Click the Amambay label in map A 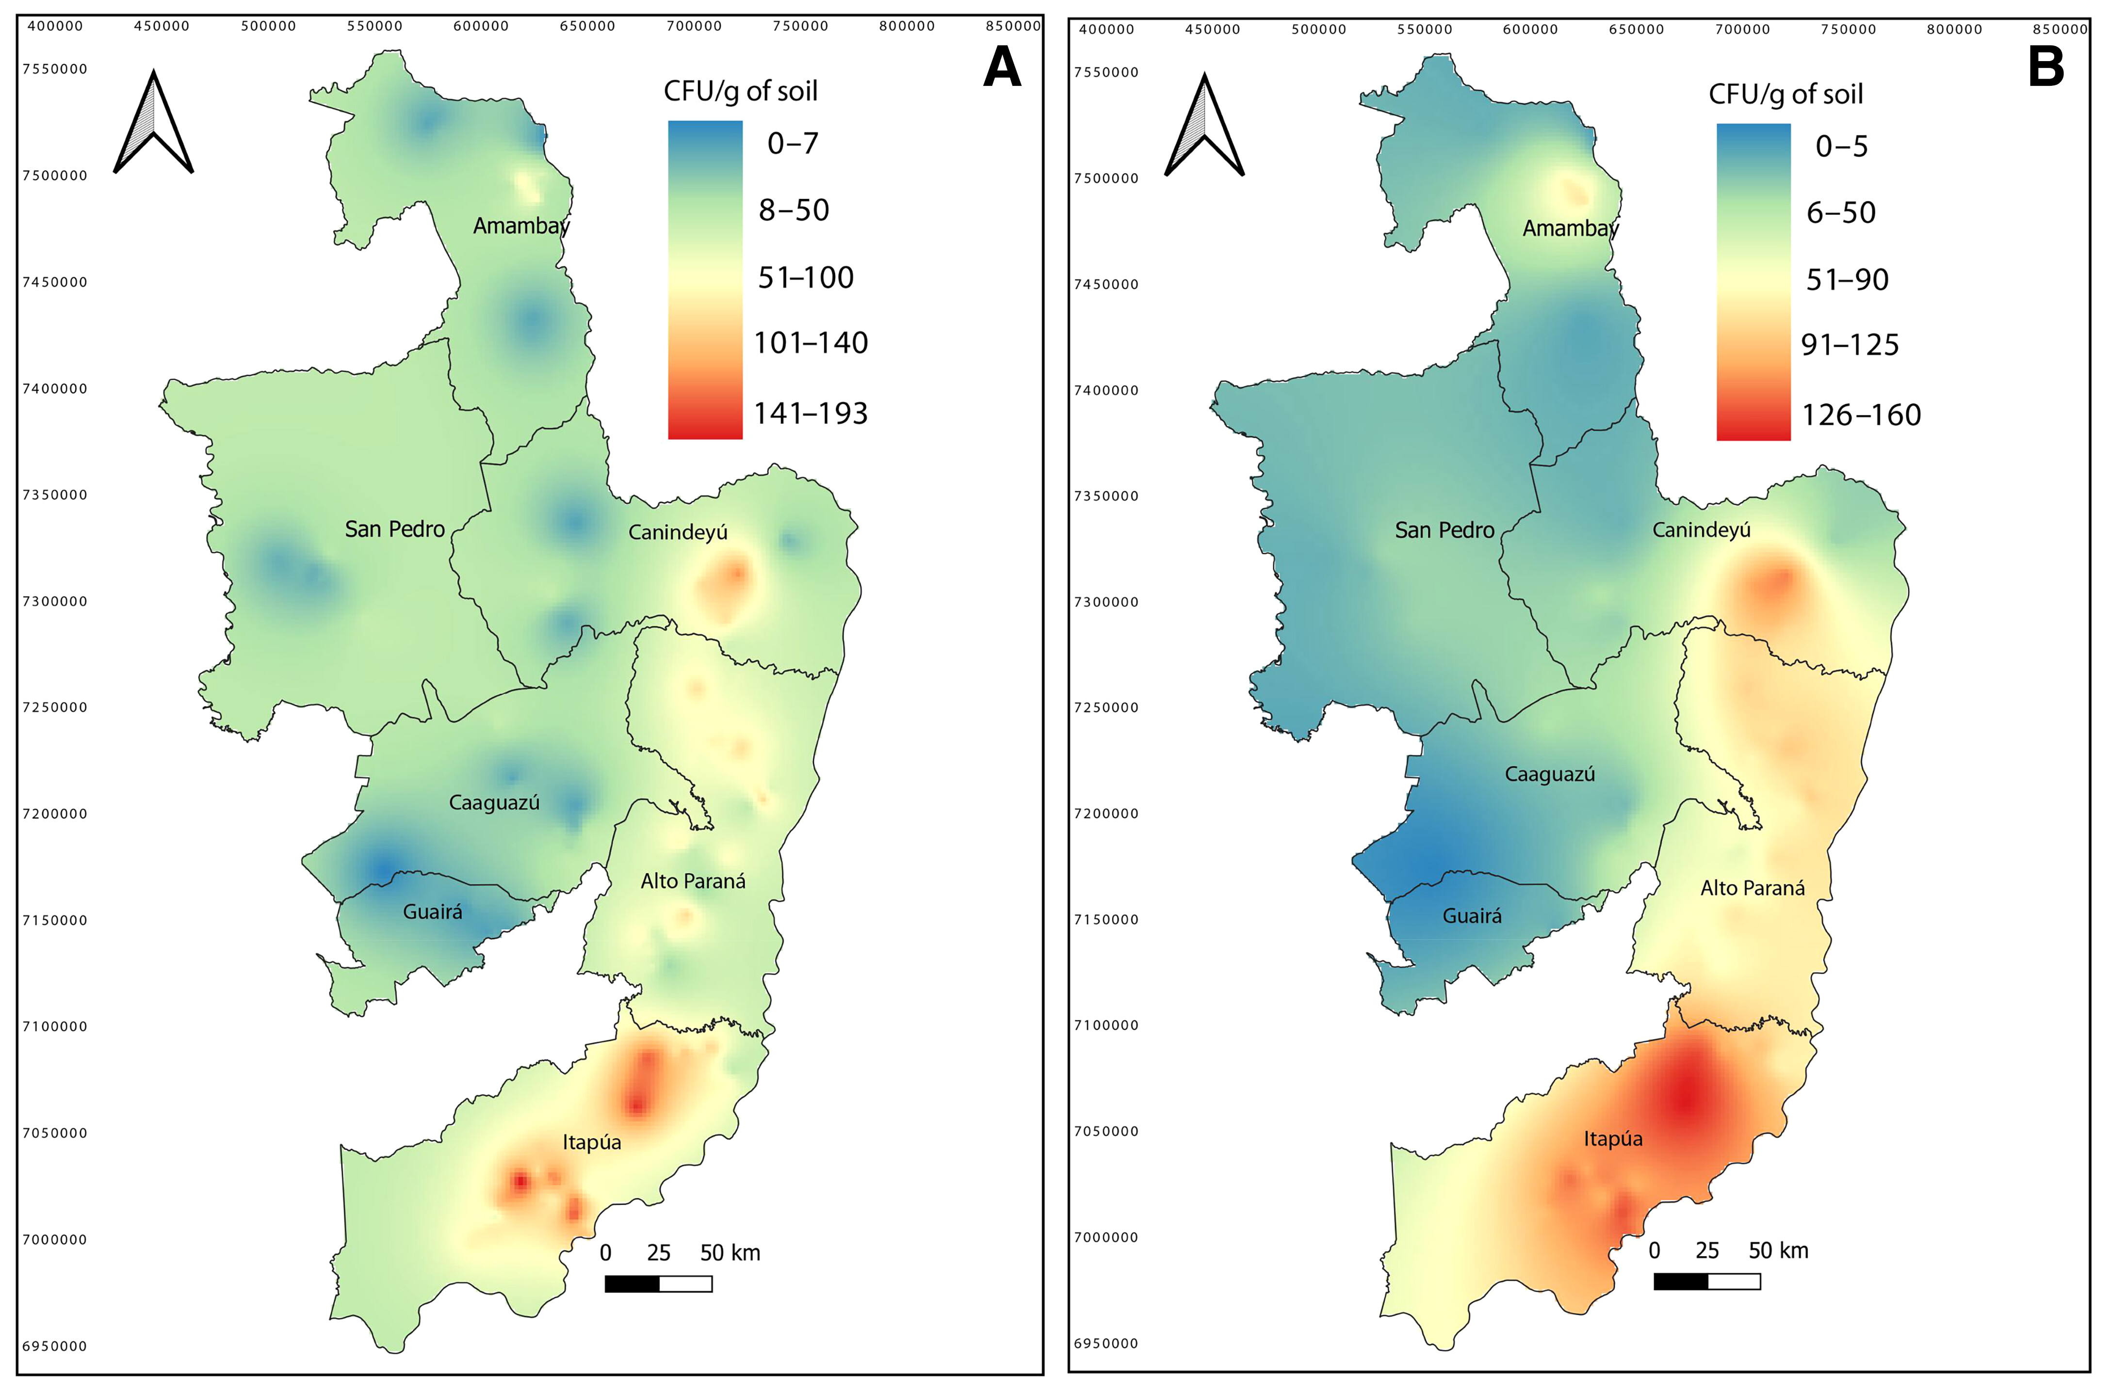pyautogui.click(x=521, y=226)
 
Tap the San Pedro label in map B pyautogui.click(x=1445, y=531)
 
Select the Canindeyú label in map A pyautogui.click(x=678, y=533)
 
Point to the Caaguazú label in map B pyautogui.click(x=1550, y=774)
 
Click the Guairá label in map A pyautogui.click(x=433, y=912)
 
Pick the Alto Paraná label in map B pyautogui.click(x=1752, y=888)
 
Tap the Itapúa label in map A pyautogui.click(x=591, y=1142)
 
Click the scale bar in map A pyautogui.click(x=658, y=1284)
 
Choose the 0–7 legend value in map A pyautogui.click(x=792, y=143)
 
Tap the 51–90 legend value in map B pyautogui.click(x=1847, y=280)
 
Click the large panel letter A pyautogui.click(x=1002, y=67)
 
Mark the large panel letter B pyautogui.click(x=2046, y=67)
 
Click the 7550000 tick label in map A pyautogui.click(x=55, y=69)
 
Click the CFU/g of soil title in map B pyautogui.click(x=1785, y=94)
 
